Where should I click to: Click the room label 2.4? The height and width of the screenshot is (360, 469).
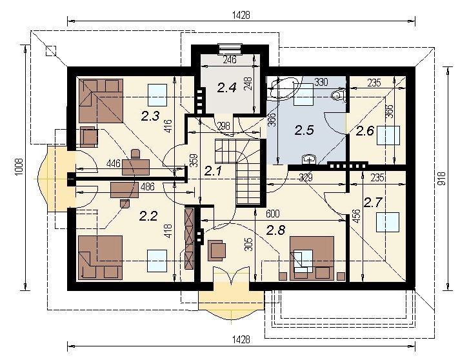226,88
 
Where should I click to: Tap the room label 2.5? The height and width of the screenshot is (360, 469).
304,130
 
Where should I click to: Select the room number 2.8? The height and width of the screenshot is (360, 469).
275,230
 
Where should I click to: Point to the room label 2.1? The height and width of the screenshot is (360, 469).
213,171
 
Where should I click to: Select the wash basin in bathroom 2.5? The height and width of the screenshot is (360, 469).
308,160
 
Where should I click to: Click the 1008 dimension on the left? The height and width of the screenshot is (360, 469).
19,168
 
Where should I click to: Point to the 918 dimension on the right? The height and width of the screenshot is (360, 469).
443,178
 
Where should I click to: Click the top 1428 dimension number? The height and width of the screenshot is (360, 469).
241,15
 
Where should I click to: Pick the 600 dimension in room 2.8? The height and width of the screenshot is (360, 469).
272,214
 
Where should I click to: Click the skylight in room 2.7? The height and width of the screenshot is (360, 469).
388,223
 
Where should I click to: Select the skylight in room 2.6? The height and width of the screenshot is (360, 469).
388,135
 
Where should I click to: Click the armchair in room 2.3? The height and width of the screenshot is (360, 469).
89,137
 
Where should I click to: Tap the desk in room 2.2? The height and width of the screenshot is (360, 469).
125,190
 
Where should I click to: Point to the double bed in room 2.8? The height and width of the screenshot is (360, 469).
312,258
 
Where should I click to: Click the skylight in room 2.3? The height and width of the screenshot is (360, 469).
157,95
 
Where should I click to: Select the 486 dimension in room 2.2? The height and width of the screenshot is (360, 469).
147,186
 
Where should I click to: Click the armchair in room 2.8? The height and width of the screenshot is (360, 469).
217,250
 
